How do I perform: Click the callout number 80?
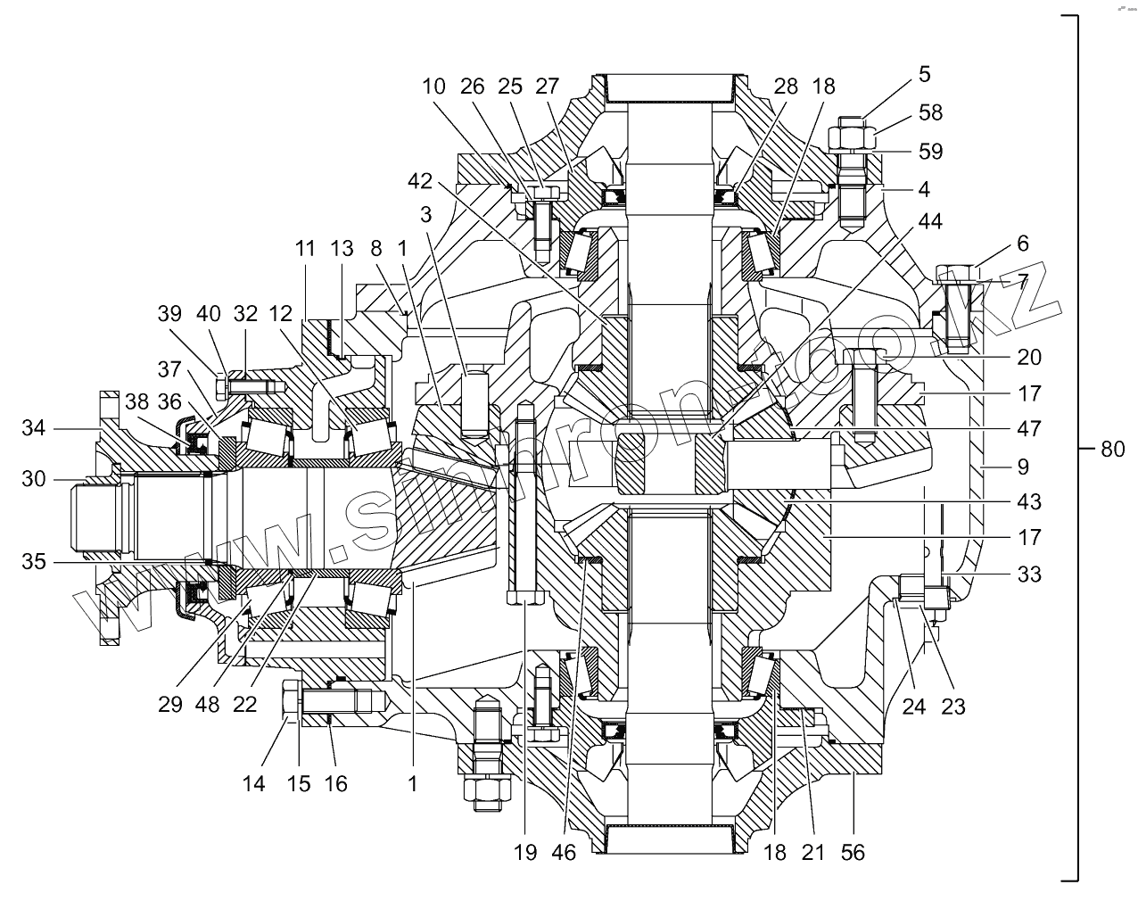(x=1112, y=450)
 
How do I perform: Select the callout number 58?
(x=930, y=113)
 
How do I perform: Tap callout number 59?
(x=930, y=151)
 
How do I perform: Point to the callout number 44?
(x=930, y=220)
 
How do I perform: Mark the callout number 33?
(x=1028, y=575)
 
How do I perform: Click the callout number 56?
(x=853, y=852)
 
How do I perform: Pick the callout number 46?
(x=564, y=852)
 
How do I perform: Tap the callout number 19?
(x=525, y=852)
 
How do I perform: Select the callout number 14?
(x=253, y=783)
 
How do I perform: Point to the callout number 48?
(x=207, y=704)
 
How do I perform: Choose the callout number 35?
(x=35, y=563)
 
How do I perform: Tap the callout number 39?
(x=169, y=313)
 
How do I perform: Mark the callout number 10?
(x=433, y=87)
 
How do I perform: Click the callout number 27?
(x=547, y=87)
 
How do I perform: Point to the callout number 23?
(x=953, y=707)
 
